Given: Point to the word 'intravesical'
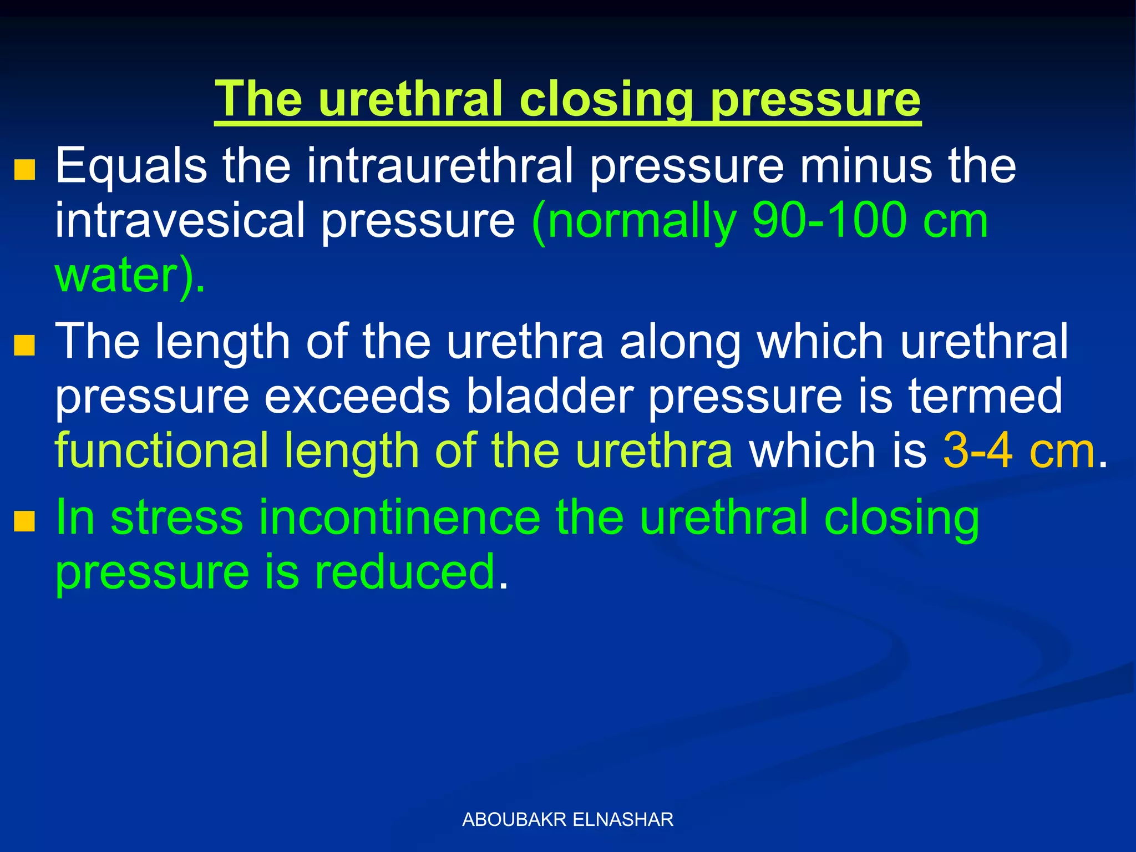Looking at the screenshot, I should (x=180, y=221).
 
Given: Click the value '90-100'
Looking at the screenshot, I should (x=829, y=221).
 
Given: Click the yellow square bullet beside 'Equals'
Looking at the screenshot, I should (x=24, y=170).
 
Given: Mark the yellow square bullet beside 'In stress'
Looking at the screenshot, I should (x=24, y=521).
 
